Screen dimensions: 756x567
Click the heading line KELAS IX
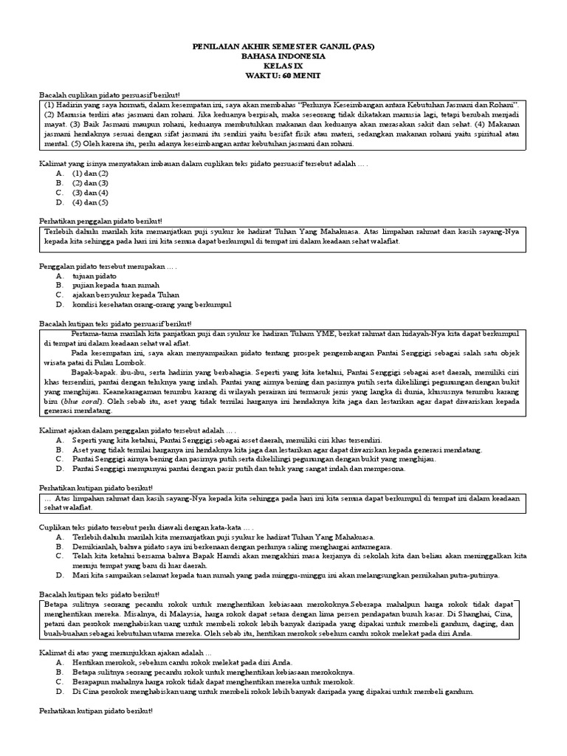click(283, 66)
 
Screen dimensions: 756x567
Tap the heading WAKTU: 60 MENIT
click(283, 76)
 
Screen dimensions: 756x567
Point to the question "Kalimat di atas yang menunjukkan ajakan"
click(125, 652)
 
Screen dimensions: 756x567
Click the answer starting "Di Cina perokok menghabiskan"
click(272, 692)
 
